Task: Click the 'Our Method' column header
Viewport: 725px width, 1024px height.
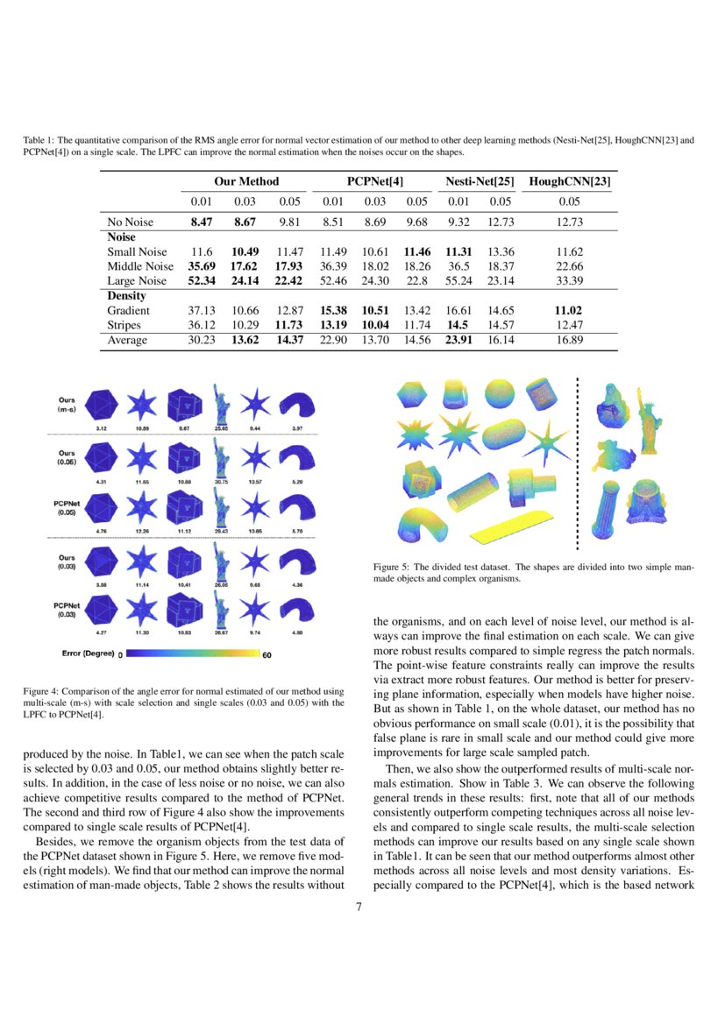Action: (x=246, y=181)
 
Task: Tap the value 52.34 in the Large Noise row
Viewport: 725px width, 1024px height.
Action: (x=203, y=281)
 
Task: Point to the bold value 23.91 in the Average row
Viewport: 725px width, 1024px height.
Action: (x=458, y=340)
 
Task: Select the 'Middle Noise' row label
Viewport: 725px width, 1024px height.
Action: (x=140, y=266)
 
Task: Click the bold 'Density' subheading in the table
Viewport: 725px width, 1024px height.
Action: (x=126, y=296)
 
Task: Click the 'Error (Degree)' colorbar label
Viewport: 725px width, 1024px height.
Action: (x=88, y=653)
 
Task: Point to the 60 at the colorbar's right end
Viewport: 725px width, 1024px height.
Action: (x=267, y=653)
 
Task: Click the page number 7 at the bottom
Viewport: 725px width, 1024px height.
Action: (x=359, y=907)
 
